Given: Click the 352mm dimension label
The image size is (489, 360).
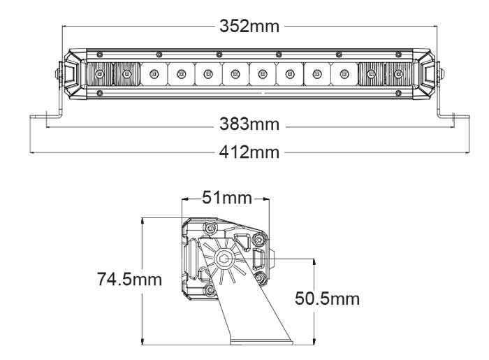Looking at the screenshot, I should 249,26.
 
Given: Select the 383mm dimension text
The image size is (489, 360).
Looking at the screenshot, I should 249,125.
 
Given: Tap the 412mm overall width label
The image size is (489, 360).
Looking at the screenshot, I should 249,152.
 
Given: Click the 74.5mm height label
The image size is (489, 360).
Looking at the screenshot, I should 129,280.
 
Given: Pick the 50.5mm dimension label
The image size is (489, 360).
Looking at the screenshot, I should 327,299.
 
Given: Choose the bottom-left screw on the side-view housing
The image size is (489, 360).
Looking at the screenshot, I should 207,289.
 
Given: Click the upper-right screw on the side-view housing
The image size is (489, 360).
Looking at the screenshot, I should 260,240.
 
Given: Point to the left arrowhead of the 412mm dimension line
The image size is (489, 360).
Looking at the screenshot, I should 31,152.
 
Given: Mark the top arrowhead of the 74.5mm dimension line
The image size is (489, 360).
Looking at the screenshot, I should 143,219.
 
